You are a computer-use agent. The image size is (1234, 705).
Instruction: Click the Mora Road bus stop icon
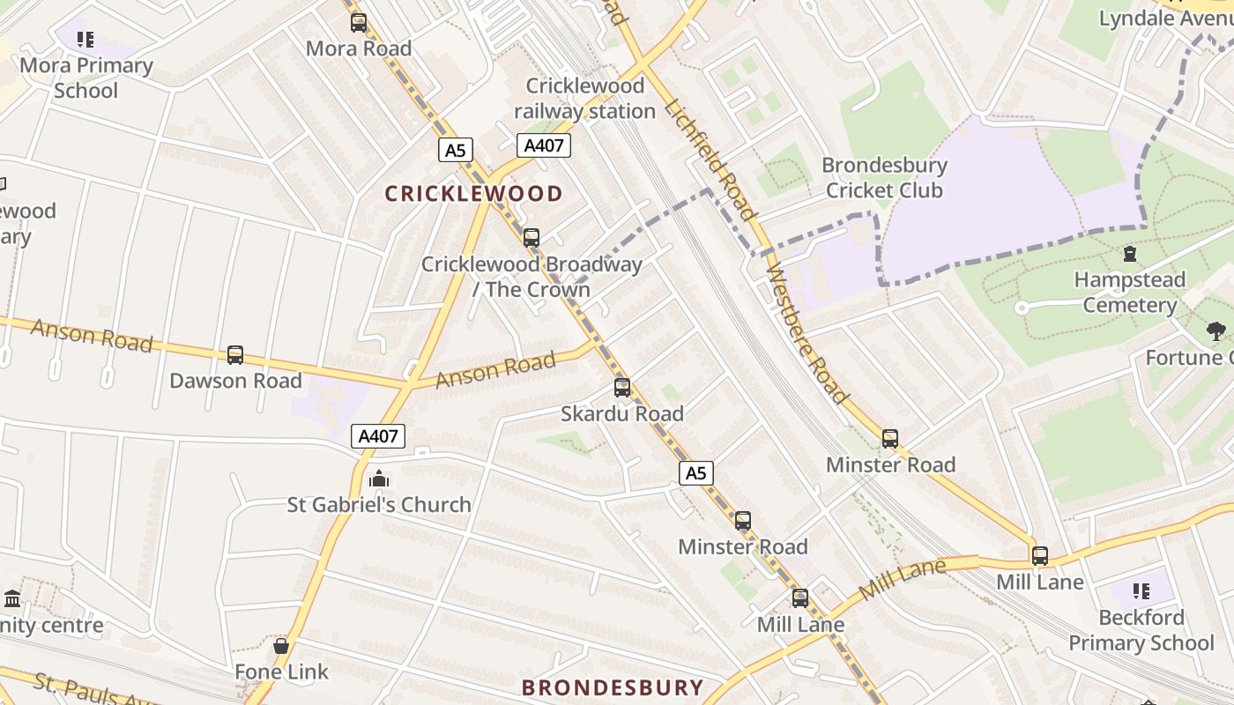point(359,23)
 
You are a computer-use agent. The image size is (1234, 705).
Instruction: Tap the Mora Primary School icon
point(85,40)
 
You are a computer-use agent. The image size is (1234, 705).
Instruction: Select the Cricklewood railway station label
point(585,99)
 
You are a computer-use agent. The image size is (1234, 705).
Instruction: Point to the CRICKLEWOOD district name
point(473,194)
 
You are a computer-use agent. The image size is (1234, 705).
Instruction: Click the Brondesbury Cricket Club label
point(884,178)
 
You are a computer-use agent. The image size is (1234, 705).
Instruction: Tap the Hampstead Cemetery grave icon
point(1130,255)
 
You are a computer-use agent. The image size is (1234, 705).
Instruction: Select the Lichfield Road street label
point(710,159)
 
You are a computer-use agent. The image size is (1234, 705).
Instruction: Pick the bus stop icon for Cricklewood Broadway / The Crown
point(532,238)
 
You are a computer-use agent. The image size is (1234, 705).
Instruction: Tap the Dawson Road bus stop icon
point(235,355)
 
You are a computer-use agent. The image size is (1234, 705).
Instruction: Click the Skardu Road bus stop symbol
point(622,388)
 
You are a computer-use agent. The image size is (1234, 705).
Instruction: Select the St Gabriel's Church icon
point(379,479)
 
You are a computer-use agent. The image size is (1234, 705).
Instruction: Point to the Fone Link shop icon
point(281,646)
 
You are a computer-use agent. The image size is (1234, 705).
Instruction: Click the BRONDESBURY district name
point(613,687)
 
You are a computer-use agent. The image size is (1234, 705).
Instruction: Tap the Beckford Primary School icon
point(1141,591)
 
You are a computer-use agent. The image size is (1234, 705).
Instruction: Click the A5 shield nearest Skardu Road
point(695,473)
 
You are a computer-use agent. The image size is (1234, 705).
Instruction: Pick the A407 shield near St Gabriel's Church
point(378,435)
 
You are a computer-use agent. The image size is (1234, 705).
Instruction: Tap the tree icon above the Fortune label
point(1216,331)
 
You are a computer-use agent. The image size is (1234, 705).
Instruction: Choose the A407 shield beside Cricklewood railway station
point(543,145)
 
